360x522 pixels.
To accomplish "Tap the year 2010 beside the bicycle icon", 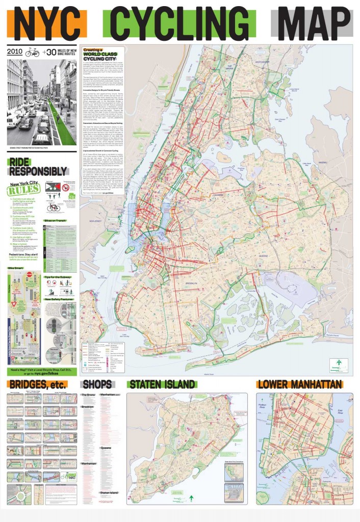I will [x=15, y=53].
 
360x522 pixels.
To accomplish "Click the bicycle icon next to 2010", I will [x=32, y=52].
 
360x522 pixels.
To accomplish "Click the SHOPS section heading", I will [x=97, y=384].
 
